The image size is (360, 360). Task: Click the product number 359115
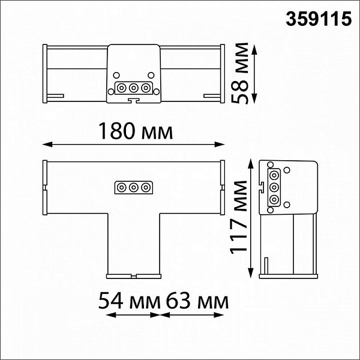[x=319, y=19]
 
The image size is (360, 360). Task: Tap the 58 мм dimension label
[x=239, y=73]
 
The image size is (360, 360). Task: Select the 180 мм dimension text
[x=136, y=131]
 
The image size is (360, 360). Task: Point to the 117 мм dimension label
[x=238, y=217]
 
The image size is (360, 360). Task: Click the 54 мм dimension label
[x=129, y=301]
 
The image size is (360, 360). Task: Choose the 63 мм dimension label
[x=197, y=301]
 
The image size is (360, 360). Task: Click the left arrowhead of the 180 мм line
[x=47, y=145]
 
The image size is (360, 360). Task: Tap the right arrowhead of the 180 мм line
[x=220, y=145]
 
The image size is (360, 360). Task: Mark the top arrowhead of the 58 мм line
[x=254, y=50]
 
